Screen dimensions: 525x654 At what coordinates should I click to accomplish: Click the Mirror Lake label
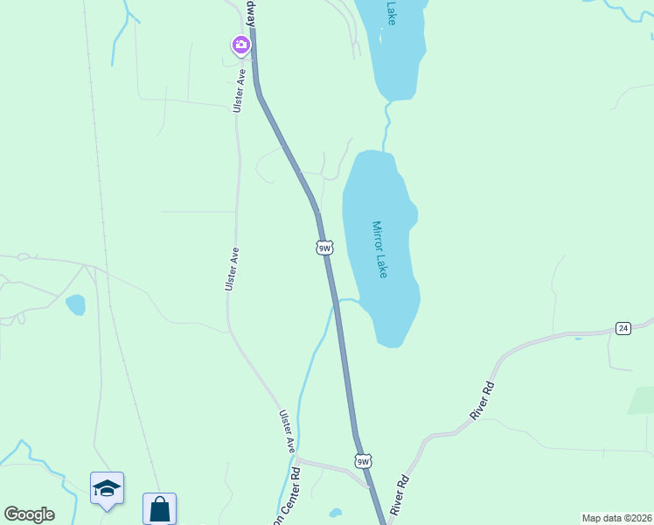pyautogui.click(x=380, y=249)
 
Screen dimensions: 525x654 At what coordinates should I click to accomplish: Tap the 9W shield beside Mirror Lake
pyautogui.click(x=324, y=248)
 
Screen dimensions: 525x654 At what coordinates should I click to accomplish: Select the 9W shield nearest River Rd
pyautogui.click(x=363, y=461)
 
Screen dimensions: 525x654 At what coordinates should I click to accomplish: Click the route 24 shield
pyautogui.click(x=623, y=328)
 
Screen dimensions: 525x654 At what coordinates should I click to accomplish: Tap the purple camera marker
pyautogui.click(x=240, y=44)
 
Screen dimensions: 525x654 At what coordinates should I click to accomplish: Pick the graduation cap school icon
pyautogui.click(x=107, y=487)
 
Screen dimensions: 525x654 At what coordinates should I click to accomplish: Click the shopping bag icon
pyautogui.click(x=159, y=508)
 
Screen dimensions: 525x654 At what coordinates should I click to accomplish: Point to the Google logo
pyautogui.click(x=29, y=514)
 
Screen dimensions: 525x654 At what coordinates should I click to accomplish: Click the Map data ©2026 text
pyautogui.click(x=616, y=518)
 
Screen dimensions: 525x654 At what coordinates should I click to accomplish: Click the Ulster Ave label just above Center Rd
pyautogui.click(x=288, y=430)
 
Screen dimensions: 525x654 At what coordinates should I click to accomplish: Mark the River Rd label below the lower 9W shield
pyautogui.click(x=400, y=494)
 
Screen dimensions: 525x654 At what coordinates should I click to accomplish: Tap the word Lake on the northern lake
pyautogui.click(x=391, y=12)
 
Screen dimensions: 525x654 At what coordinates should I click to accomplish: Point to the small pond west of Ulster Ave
pyautogui.click(x=76, y=304)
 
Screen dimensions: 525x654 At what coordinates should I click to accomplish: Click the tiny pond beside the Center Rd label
pyautogui.click(x=336, y=513)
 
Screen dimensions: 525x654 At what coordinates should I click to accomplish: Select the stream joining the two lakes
pyautogui.click(x=386, y=126)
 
